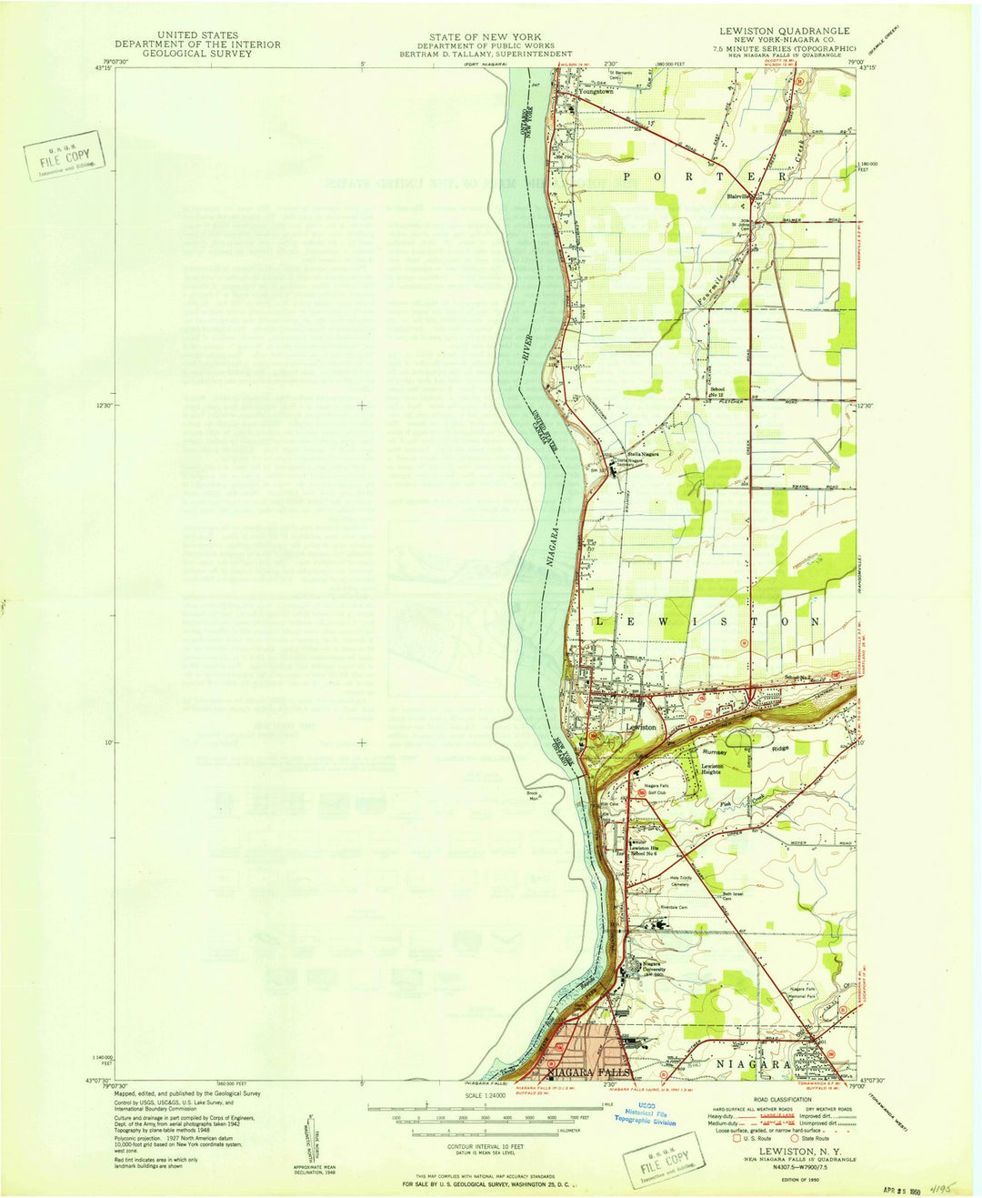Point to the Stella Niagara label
click(643, 454)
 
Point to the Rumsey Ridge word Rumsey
click(715, 752)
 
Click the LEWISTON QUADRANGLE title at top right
click(784, 31)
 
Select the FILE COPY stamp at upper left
click(65, 160)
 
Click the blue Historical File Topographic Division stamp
click(651, 1116)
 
